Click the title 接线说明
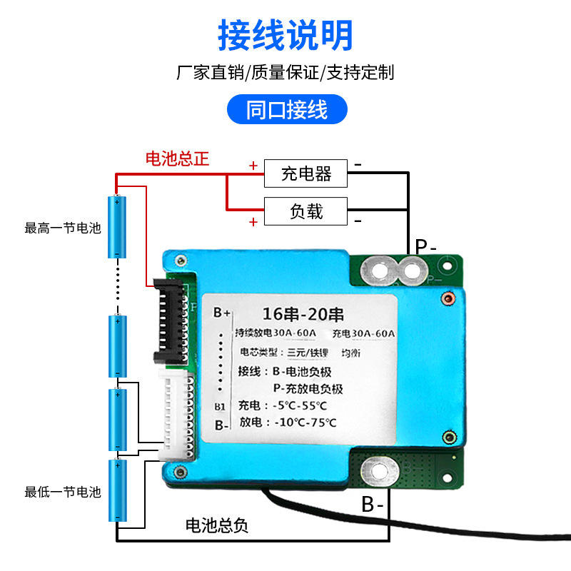pos(285,34)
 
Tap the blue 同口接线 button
pos(286,111)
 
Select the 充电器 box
pos(305,173)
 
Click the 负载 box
pos(305,211)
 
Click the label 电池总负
pos(217,526)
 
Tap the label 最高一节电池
pos(63,228)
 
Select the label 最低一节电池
pos(63,492)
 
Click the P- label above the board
pos(426,247)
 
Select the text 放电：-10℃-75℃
pos(287,422)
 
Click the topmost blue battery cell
pos(116,226)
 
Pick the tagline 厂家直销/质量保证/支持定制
pos(285,72)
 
